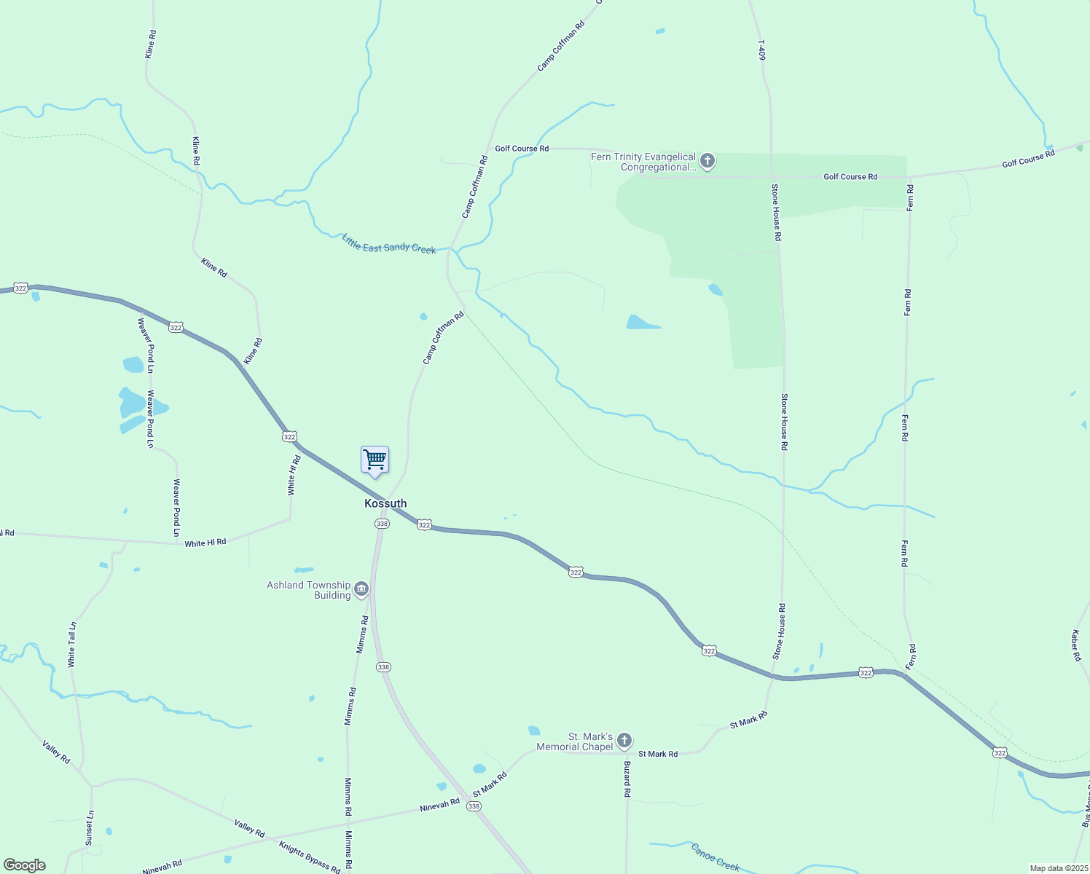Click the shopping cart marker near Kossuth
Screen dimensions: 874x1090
375,460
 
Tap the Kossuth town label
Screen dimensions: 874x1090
385,503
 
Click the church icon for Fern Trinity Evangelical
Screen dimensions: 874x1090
707,161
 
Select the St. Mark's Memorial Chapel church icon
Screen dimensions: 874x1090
624,741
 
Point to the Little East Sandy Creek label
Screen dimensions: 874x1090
389,244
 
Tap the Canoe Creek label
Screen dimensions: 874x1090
715,857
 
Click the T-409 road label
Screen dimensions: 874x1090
762,50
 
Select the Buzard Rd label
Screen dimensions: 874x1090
627,779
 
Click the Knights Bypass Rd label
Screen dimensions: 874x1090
310,857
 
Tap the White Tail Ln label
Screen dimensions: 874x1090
71,645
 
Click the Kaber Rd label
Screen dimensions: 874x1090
1076,645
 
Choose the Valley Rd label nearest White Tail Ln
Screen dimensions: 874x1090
56,752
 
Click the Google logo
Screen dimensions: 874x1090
25,865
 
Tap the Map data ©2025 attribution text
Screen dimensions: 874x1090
1058,868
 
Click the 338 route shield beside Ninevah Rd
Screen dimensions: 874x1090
474,806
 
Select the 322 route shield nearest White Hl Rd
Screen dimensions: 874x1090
289,436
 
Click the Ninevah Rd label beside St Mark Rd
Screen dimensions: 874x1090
439,805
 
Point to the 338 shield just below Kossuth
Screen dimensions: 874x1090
382,524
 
